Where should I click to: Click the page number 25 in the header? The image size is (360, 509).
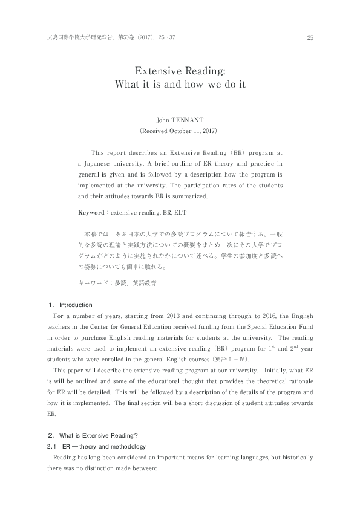click(x=310, y=38)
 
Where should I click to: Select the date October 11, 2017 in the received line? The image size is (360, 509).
click(x=193, y=130)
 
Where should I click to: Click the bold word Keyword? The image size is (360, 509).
click(x=91, y=213)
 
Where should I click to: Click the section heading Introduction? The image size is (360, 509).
click(x=76, y=305)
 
